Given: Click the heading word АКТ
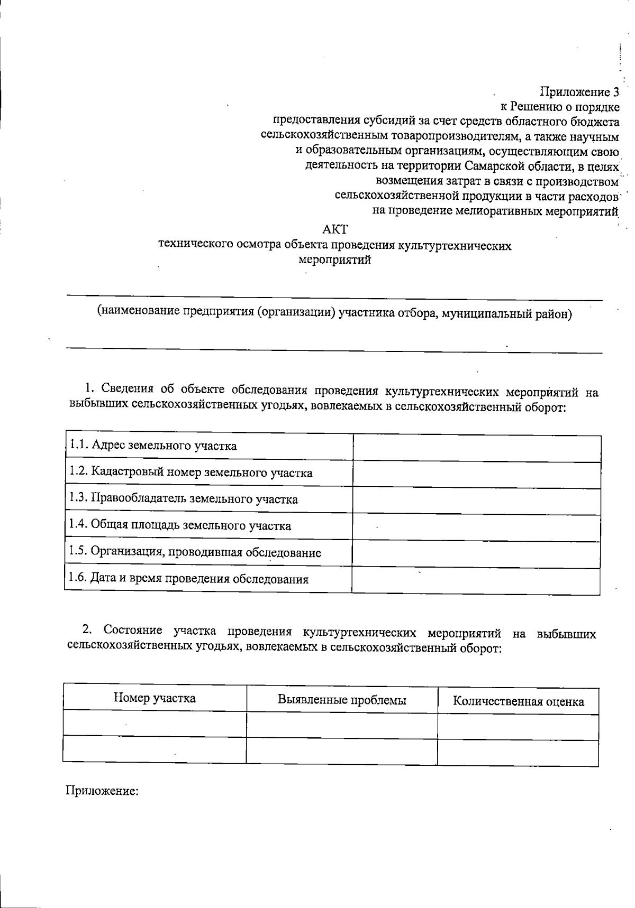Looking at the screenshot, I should tap(335, 229).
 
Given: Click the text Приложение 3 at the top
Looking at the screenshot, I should tap(579, 92).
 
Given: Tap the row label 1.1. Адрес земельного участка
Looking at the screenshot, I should tap(153, 446).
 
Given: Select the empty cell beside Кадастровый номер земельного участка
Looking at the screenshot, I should tap(476, 474).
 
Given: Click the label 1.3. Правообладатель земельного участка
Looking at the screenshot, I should tap(183, 499).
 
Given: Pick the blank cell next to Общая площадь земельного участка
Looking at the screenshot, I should tap(476, 526).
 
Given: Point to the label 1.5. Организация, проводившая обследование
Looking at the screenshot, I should tap(195, 552).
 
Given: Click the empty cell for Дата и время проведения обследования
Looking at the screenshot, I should tap(476, 580).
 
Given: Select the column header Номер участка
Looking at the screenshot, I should tap(155, 698).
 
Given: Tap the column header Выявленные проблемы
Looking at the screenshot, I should tap(342, 700).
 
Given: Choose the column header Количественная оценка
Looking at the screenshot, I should tap(518, 701).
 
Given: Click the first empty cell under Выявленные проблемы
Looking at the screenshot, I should tap(342, 725).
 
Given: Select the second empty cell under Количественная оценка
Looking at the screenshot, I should tap(518, 752).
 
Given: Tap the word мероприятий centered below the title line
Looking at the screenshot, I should tap(334, 260).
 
